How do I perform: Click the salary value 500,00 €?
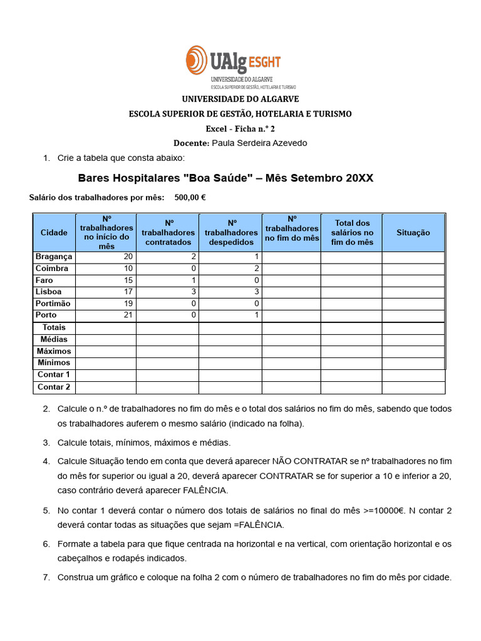[190, 197]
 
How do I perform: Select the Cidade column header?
[54, 232]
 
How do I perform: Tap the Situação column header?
[413, 232]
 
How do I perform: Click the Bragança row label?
[54, 257]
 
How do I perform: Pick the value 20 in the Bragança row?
[128, 257]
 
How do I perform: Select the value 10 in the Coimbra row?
[128, 269]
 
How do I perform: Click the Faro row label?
[44, 280]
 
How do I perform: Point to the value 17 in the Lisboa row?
[128, 292]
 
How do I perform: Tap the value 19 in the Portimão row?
[128, 304]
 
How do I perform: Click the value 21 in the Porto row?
[128, 315]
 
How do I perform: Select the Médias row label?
[54, 339]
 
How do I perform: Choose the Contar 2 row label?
[54, 387]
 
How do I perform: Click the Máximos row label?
[54, 351]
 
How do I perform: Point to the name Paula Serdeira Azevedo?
[260, 143]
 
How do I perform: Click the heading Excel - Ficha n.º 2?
[240, 128]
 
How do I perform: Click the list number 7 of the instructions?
[46, 577]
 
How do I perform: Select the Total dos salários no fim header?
[352, 232]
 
